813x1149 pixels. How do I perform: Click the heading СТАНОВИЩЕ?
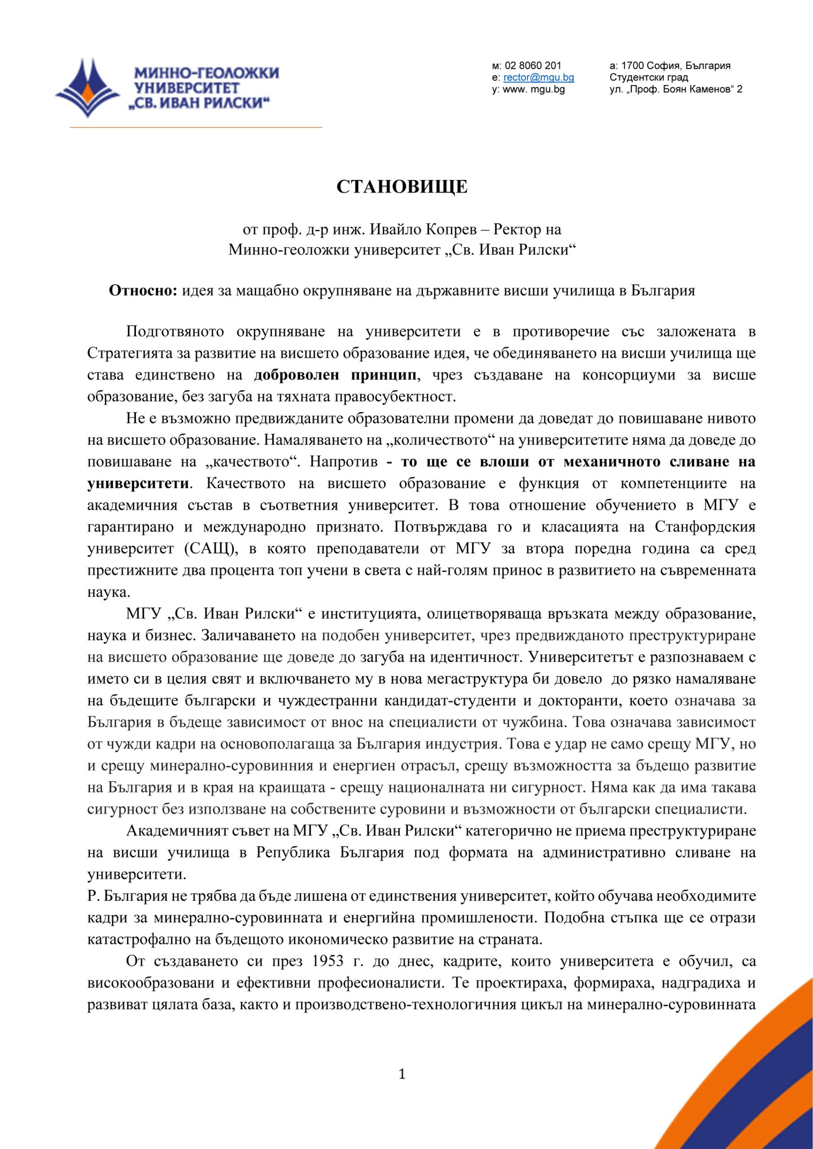coord(402,187)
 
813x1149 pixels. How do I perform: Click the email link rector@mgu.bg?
coord(539,78)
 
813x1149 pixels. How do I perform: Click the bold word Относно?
coord(143,291)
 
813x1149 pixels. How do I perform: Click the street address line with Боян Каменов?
coord(676,90)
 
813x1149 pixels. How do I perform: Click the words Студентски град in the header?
coord(648,78)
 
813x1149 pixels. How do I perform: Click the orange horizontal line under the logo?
coord(195,127)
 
